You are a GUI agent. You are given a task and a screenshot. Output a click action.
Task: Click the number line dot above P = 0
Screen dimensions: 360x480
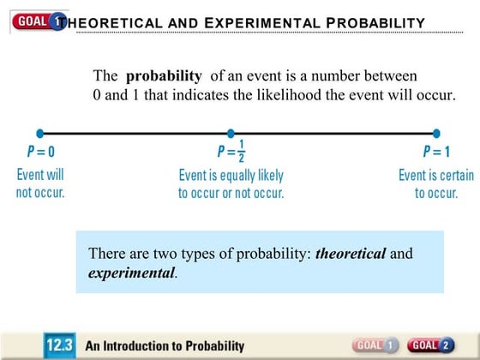40,133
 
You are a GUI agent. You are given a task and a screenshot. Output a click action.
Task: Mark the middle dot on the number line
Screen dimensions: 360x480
231,133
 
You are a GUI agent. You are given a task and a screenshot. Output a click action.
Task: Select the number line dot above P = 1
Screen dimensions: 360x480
436,133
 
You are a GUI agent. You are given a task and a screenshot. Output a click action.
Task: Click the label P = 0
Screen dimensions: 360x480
40,152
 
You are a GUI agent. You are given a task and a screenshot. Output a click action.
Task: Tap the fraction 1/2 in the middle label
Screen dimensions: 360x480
241,151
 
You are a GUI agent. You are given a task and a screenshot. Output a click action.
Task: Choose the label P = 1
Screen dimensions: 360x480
436,152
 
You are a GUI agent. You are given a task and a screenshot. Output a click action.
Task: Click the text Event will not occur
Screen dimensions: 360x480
40,183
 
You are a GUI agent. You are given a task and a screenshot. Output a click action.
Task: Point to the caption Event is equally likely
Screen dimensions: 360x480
231,175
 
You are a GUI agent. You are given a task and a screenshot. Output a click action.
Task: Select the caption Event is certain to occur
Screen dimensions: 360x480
436,183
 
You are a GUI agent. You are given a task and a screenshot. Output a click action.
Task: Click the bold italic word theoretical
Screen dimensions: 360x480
351,254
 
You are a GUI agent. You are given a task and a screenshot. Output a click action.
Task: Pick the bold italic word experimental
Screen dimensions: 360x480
132,273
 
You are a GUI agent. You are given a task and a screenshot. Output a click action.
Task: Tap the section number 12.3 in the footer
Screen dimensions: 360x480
61,345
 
